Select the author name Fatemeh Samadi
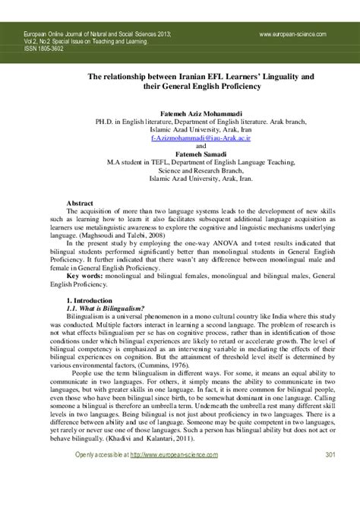pyautogui.click(x=179, y=153)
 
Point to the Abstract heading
pyautogui.click(x=81, y=204)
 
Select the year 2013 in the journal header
pyautogui.click(x=172, y=34)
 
